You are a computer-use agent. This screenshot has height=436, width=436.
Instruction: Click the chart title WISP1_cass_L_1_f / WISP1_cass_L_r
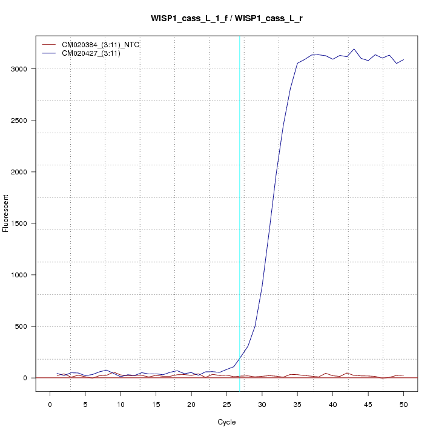pos(227,19)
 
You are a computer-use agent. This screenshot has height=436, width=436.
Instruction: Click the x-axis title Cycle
pos(226,421)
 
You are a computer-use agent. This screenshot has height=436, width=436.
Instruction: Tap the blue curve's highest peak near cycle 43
pos(354,49)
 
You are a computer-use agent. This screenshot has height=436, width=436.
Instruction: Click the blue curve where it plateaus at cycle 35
pos(297,63)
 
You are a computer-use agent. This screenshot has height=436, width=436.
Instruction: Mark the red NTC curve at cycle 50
pos(403,375)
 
